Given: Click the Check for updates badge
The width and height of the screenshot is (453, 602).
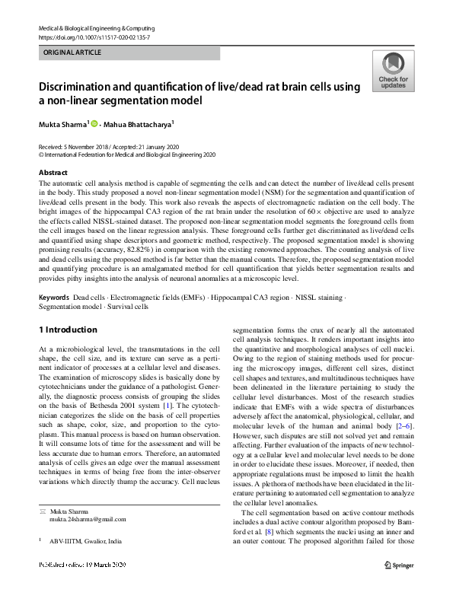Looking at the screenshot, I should pyautogui.click(x=393, y=71).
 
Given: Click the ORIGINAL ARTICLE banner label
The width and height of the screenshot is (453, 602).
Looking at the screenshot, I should pyautogui.click(x=71, y=53).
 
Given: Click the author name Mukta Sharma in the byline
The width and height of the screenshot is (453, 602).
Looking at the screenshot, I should pyautogui.click(x=63, y=123).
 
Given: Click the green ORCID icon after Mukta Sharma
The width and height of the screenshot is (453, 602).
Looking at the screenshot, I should pyautogui.click(x=95, y=123).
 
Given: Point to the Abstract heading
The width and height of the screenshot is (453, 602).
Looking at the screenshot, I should pyautogui.click(x=53, y=173).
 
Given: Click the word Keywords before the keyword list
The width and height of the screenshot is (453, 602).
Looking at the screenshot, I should pyautogui.click(x=54, y=298).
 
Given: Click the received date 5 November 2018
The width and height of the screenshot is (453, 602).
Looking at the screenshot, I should pyautogui.click(x=88, y=145).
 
